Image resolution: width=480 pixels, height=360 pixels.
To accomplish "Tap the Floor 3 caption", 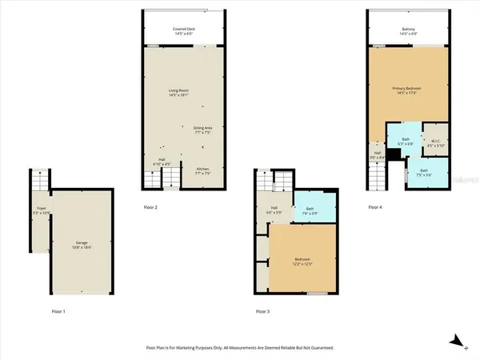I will click(x=263, y=310).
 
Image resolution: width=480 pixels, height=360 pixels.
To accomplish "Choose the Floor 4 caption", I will click(x=376, y=207).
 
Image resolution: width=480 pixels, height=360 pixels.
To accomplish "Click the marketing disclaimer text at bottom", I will click(x=239, y=348).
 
